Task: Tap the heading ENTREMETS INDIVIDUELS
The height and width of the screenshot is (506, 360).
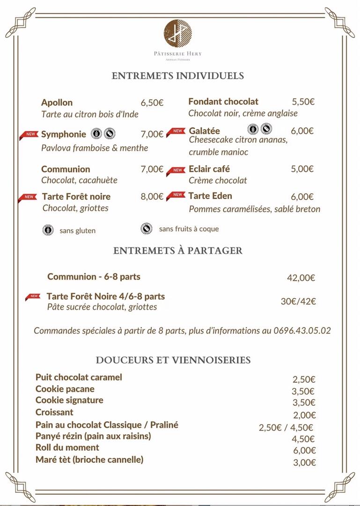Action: click(178, 76)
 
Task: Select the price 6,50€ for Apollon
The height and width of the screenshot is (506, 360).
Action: click(152, 103)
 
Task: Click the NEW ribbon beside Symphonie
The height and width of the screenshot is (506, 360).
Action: click(29, 135)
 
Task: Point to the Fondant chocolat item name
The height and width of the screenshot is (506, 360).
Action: click(223, 102)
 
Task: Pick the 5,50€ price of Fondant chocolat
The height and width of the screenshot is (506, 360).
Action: click(303, 102)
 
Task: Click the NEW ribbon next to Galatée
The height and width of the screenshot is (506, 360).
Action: click(176, 132)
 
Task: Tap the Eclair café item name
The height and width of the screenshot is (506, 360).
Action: click(209, 169)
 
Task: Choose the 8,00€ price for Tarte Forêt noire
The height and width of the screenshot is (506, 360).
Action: click(152, 197)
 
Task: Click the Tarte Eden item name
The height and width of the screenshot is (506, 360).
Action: click(210, 196)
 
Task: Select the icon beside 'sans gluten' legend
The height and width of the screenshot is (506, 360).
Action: click(48, 230)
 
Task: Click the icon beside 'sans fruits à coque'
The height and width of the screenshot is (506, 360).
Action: click(147, 229)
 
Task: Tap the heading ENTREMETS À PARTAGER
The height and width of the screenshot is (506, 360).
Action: click(178, 251)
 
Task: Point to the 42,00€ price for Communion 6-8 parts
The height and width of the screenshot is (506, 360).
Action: click(301, 278)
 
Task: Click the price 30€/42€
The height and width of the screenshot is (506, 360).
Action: click(298, 301)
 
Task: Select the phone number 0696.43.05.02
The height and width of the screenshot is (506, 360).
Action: click(302, 331)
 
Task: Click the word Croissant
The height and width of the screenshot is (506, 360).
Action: click(54, 412)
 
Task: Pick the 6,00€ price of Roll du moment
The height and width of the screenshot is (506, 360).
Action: click(304, 451)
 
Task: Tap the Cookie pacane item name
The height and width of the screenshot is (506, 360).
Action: click(65, 389)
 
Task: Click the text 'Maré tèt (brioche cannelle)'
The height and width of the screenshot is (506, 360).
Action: click(89, 460)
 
